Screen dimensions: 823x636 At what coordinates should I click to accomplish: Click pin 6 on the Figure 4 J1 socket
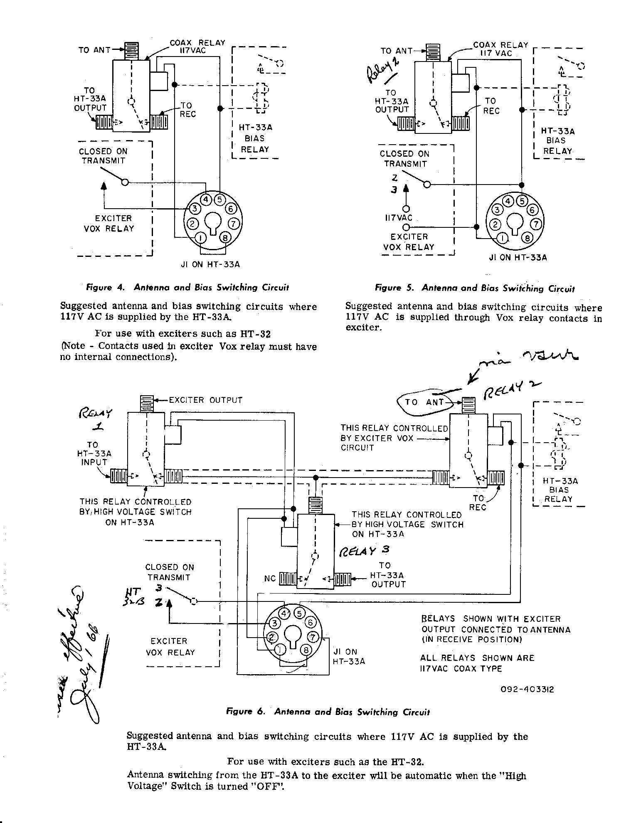pyautogui.click(x=231, y=208)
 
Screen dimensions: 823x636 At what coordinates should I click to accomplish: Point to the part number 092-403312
pyautogui.click(x=528, y=690)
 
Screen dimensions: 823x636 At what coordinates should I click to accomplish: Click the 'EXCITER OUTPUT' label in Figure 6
pyautogui.click(x=205, y=400)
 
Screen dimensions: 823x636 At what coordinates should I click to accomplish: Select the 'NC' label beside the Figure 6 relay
pyautogui.click(x=270, y=579)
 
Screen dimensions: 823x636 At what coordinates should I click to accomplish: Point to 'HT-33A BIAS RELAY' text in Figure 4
pyautogui.click(x=255, y=138)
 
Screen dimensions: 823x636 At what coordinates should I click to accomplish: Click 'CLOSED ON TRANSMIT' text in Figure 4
pyautogui.click(x=103, y=156)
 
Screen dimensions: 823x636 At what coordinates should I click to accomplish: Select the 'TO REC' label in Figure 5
pyautogui.click(x=491, y=106)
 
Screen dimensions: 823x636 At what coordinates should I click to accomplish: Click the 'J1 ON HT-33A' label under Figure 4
pyautogui.click(x=210, y=264)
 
